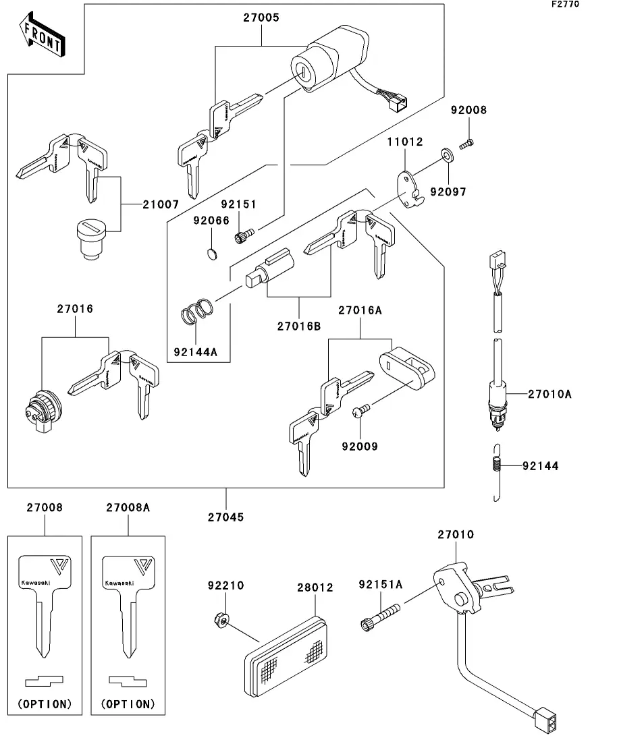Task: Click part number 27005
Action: tap(261, 18)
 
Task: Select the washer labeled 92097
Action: tap(447, 156)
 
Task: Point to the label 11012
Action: tap(404, 142)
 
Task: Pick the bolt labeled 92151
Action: tap(242, 236)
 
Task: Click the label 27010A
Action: tap(549, 393)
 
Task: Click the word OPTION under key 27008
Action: tap(45, 704)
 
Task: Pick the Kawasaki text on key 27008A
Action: tap(119, 582)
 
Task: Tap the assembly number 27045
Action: tap(226, 517)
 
